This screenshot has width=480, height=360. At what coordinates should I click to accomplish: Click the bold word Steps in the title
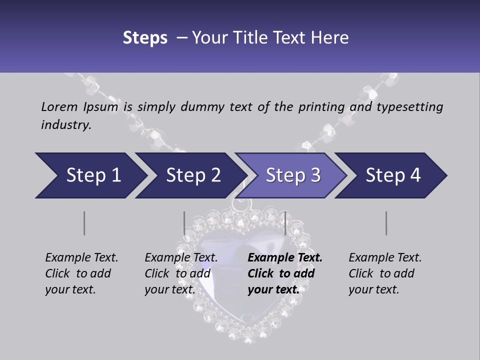click(145, 38)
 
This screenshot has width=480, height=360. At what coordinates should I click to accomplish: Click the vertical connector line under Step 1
click(84, 223)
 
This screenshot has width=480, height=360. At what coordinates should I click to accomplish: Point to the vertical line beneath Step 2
click(184, 223)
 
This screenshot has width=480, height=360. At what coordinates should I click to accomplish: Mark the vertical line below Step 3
click(285, 223)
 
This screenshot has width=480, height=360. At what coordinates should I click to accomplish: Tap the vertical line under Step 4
click(386, 223)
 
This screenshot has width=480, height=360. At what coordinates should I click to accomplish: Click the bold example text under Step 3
click(285, 273)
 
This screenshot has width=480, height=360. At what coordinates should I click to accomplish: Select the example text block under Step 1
click(81, 273)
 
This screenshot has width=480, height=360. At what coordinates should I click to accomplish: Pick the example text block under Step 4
click(385, 273)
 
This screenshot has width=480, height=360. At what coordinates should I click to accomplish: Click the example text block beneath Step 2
click(181, 273)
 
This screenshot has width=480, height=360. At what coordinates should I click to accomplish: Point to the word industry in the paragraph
click(65, 125)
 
